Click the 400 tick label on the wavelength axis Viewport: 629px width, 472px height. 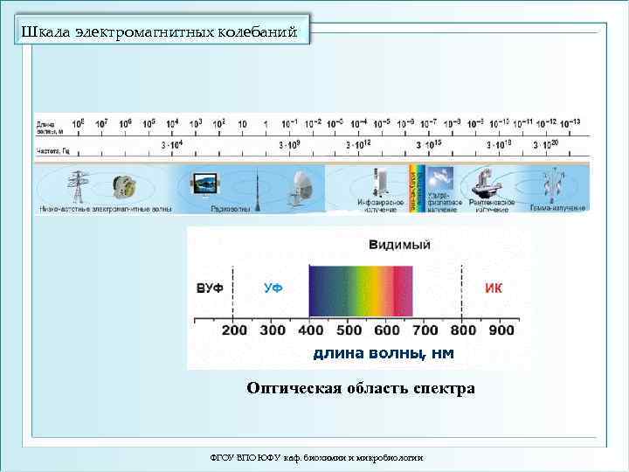pyautogui.click(x=311, y=330)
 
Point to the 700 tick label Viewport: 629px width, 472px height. pyautogui.click(x=425, y=330)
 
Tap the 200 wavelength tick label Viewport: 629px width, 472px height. pyautogui.click(x=234, y=330)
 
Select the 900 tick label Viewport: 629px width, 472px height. pyautogui.click(x=501, y=330)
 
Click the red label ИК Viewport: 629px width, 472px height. pyautogui.click(x=494, y=288)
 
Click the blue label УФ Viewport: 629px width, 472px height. pyautogui.click(x=273, y=288)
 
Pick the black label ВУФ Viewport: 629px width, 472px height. pyautogui.click(x=210, y=288)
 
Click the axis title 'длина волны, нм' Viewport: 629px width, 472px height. pyautogui.click(x=384, y=353)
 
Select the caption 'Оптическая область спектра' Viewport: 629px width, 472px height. pyautogui.click(x=360, y=388)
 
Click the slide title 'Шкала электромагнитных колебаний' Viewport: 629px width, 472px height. pyautogui.click(x=164, y=33)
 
